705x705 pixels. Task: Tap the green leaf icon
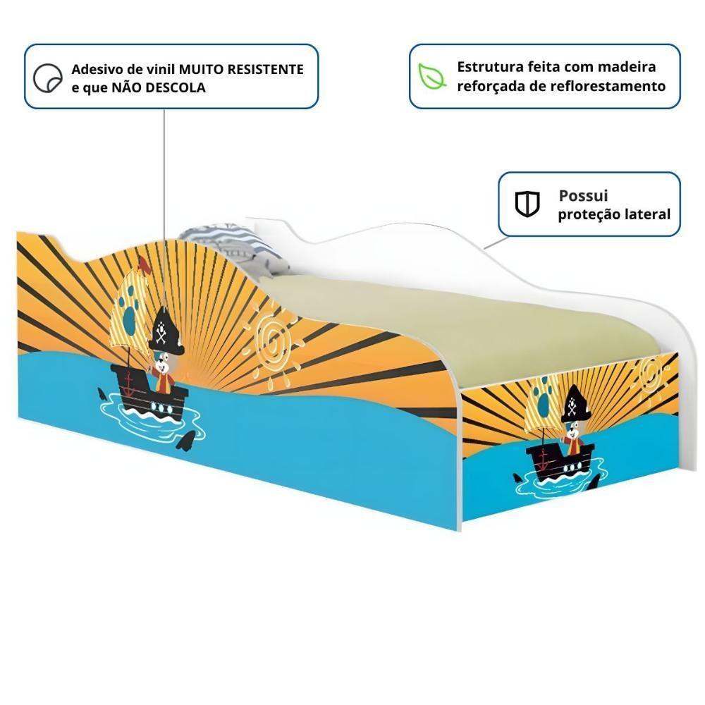(431, 76)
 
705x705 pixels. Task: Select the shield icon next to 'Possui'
(526, 204)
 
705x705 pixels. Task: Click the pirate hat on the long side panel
(166, 334)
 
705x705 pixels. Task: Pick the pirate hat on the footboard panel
(573, 404)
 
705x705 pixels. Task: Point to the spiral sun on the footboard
(652, 373)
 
